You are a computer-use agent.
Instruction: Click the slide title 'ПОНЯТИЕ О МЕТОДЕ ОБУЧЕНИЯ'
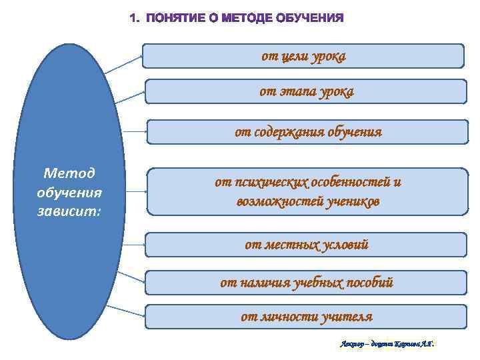237,18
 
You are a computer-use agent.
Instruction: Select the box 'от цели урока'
303,57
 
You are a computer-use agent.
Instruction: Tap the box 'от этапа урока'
306,91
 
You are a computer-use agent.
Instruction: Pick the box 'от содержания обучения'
307,132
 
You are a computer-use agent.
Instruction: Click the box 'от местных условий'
306,245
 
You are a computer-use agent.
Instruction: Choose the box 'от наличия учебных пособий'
306,283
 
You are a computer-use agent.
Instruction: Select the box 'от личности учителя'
306,317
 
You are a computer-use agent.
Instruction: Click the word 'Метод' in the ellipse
69,174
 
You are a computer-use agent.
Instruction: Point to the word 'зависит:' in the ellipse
69,212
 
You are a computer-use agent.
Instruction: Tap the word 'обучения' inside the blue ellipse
69,193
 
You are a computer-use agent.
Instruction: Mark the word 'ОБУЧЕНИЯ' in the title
309,18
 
